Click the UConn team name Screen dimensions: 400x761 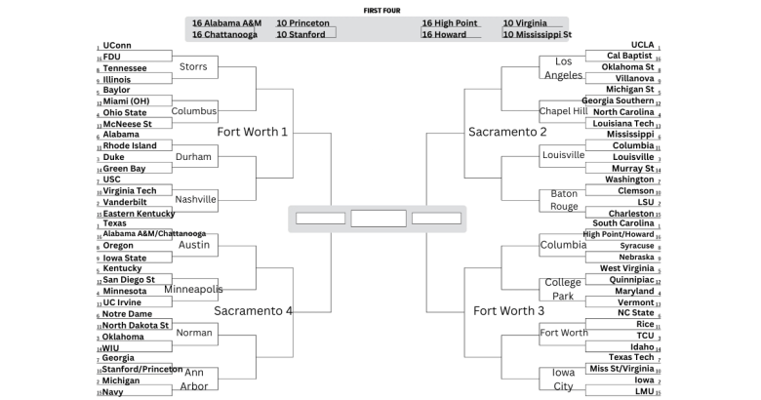tap(116, 45)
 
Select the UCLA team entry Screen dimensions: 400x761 tap(642, 45)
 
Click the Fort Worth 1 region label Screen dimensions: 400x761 tap(253, 132)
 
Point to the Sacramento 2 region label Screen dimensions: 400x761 tap(507, 132)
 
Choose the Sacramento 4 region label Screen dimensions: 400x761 tap(254, 310)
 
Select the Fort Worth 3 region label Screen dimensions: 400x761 tap(509, 310)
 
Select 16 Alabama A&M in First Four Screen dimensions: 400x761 tap(226, 22)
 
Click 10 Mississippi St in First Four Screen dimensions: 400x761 tap(538, 34)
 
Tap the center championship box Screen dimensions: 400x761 tap(379, 219)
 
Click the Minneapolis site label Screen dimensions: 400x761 tap(193, 289)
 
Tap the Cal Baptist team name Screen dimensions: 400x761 tap(630, 56)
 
